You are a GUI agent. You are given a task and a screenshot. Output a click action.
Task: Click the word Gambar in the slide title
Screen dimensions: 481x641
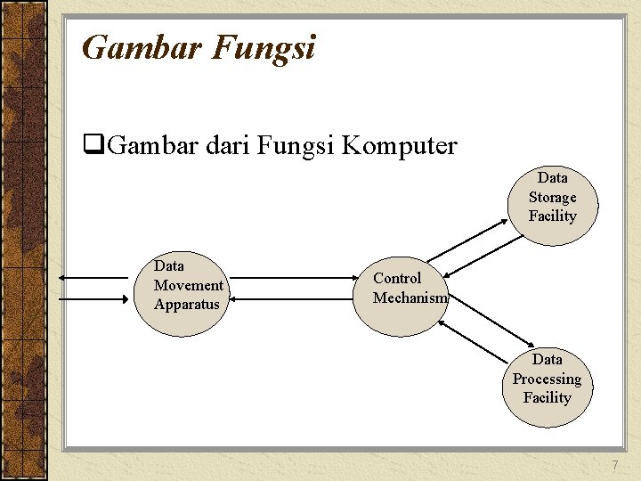[x=142, y=46]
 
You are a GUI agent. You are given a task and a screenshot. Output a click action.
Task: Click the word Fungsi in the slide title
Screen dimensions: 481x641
[x=264, y=46]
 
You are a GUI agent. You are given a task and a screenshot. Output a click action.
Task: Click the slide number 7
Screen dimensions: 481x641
[x=614, y=466]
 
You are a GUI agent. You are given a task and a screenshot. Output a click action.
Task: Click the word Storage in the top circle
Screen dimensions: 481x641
[x=552, y=198]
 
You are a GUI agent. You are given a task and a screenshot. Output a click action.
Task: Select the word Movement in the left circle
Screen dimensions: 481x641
[x=188, y=285]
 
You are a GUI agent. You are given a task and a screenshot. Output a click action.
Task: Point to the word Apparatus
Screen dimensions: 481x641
[x=186, y=305]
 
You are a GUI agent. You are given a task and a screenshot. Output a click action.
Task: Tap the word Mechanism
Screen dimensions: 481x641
[x=410, y=298]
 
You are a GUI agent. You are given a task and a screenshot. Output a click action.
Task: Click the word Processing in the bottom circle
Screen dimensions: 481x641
[x=547, y=379]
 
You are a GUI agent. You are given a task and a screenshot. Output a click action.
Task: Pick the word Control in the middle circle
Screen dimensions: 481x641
[x=397, y=278]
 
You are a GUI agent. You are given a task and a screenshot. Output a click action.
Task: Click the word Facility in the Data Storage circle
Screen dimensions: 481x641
[x=552, y=216]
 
